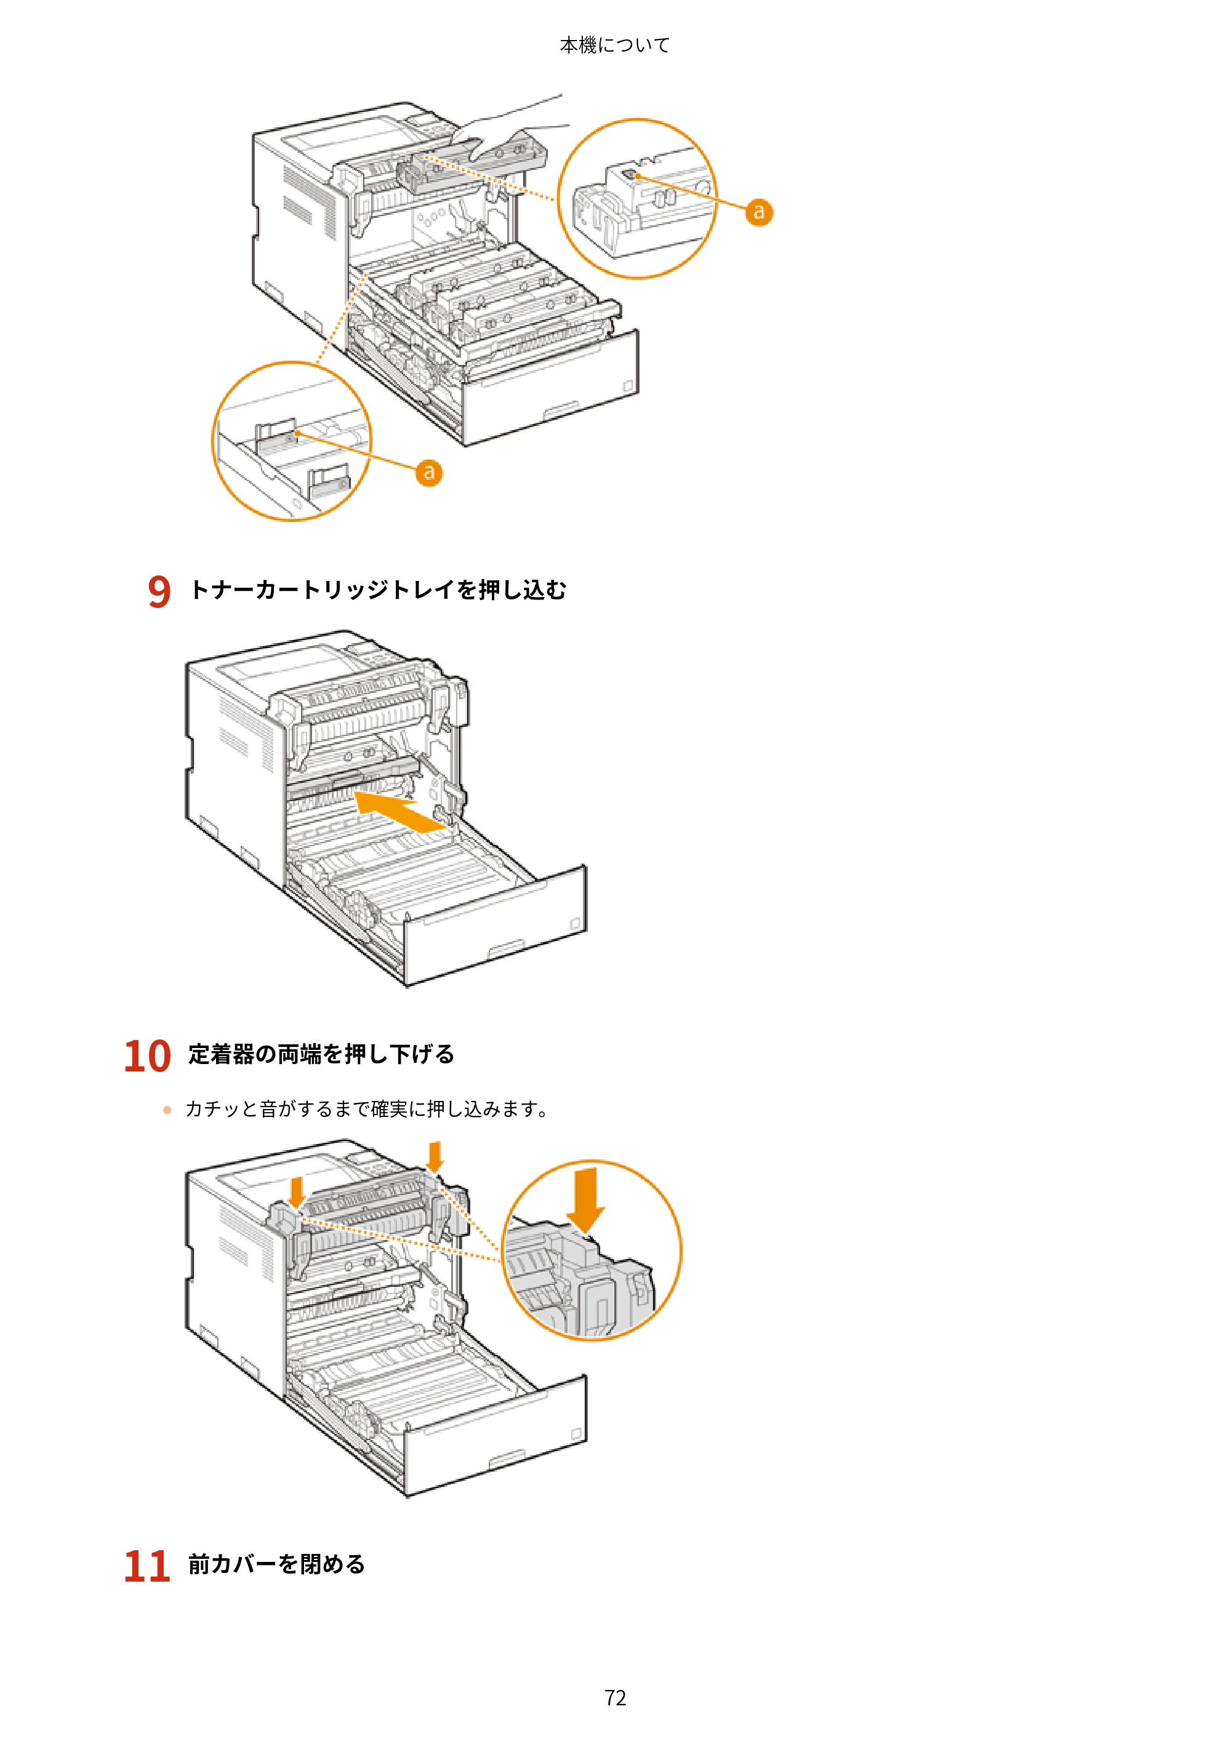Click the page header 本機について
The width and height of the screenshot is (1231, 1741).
pyautogui.click(x=614, y=46)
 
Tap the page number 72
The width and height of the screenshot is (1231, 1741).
pyautogui.click(x=615, y=1697)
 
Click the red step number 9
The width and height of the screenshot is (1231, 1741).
pyautogui.click(x=159, y=591)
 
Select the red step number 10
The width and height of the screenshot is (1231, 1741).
pyautogui.click(x=148, y=1055)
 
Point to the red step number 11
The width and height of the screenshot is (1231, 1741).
pyautogui.click(x=147, y=1566)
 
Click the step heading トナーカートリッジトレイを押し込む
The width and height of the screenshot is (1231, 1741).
pyautogui.click(x=378, y=589)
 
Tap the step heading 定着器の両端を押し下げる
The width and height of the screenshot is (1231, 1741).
pyautogui.click(x=321, y=1054)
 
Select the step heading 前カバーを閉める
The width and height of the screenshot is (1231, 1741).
pyautogui.click(x=277, y=1564)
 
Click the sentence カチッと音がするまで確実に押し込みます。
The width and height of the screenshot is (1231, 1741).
pyautogui.click(x=367, y=1110)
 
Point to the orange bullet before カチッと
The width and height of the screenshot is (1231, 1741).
pyautogui.click(x=167, y=1110)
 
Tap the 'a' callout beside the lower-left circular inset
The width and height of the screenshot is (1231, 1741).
pyautogui.click(x=428, y=473)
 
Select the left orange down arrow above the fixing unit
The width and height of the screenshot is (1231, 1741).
pyautogui.click(x=297, y=1191)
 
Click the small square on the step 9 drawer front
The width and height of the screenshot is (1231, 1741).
pyautogui.click(x=574, y=924)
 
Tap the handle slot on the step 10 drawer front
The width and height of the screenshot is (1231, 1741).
pyautogui.click(x=507, y=1457)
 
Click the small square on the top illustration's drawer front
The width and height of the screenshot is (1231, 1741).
pyautogui.click(x=628, y=386)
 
